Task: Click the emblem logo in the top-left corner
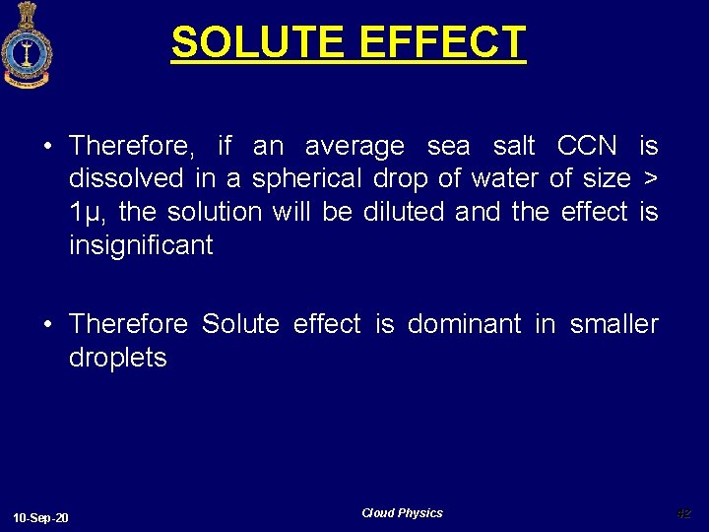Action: (x=27, y=44)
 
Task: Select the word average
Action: (x=354, y=147)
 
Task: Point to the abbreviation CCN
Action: (x=587, y=146)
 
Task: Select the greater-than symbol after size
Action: (x=650, y=179)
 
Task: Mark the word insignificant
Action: (x=141, y=245)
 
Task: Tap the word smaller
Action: (x=613, y=324)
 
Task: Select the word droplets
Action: (x=118, y=358)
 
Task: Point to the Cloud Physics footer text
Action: (x=402, y=513)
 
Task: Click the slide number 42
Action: (x=684, y=513)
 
